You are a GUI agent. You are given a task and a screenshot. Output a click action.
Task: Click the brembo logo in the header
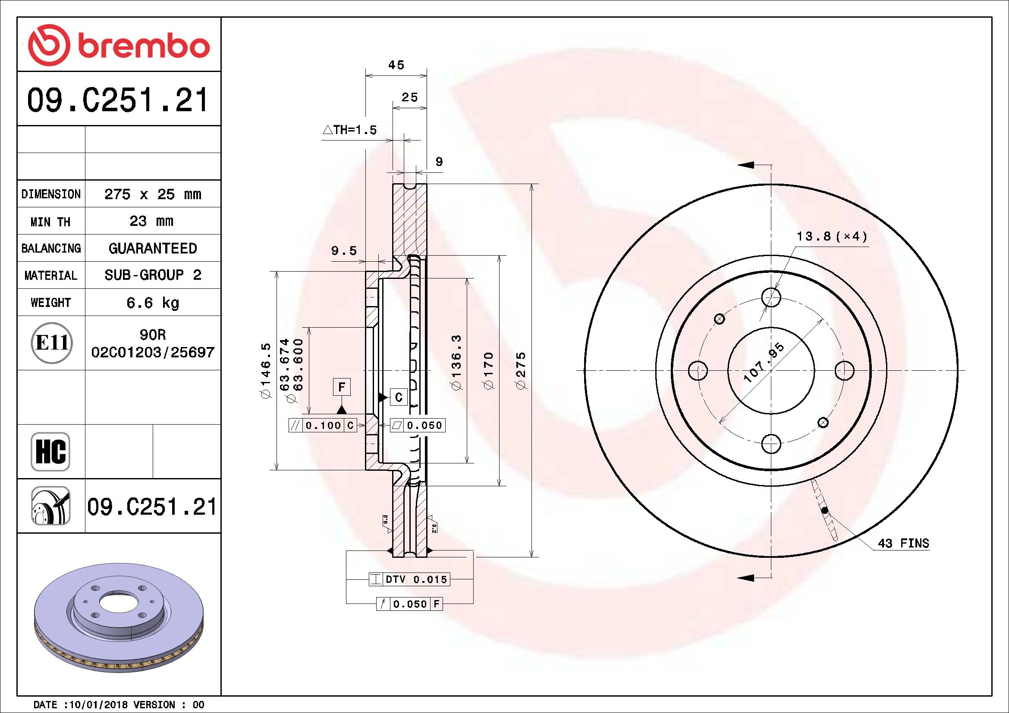tap(119, 46)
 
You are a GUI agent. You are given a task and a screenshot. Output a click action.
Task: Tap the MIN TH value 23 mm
tap(151, 221)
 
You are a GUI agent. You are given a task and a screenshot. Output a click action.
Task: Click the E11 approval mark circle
tap(51, 343)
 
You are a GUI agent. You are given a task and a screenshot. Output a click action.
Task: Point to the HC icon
tap(50, 452)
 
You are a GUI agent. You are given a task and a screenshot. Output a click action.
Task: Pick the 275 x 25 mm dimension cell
tap(152, 194)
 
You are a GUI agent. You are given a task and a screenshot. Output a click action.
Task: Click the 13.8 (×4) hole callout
tap(832, 237)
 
